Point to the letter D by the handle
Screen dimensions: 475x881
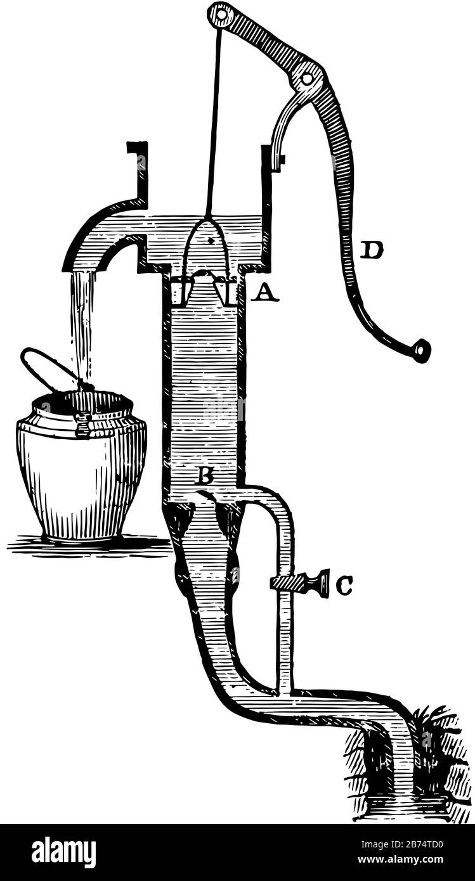pyautogui.click(x=371, y=250)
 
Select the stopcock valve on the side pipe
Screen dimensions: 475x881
pyautogui.click(x=299, y=584)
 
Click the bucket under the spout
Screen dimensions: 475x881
pyautogui.click(x=81, y=466)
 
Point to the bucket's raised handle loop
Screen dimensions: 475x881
pyautogui.click(x=46, y=368)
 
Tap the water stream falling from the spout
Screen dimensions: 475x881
pyautogui.click(x=82, y=326)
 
